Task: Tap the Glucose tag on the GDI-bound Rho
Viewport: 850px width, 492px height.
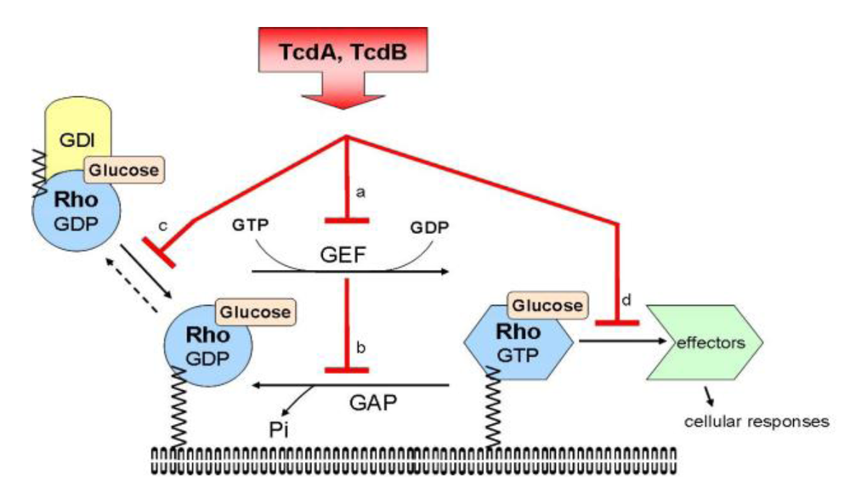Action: pos(123,170)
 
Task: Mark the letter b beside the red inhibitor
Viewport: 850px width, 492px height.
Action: pos(360,348)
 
